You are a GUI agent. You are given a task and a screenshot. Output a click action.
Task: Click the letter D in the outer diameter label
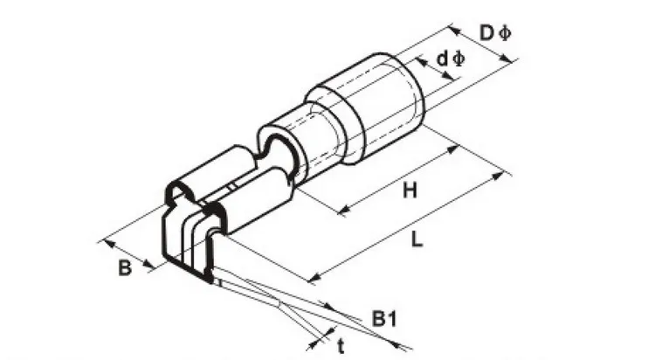[486, 32]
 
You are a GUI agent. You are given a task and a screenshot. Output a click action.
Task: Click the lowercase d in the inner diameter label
[442, 59]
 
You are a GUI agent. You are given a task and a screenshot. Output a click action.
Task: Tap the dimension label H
[410, 190]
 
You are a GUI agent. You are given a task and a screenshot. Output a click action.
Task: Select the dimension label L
[417, 239]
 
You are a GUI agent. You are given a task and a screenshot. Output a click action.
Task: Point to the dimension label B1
[384, 319]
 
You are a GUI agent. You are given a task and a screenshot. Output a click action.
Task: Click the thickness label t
[341, 347]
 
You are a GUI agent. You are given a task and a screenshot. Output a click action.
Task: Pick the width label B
[125, 267]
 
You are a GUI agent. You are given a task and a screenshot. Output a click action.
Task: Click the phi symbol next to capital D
[504, 32]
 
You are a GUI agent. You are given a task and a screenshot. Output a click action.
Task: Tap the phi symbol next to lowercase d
[458, 59]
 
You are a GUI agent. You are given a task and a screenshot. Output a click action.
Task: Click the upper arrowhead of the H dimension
[452, 149]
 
